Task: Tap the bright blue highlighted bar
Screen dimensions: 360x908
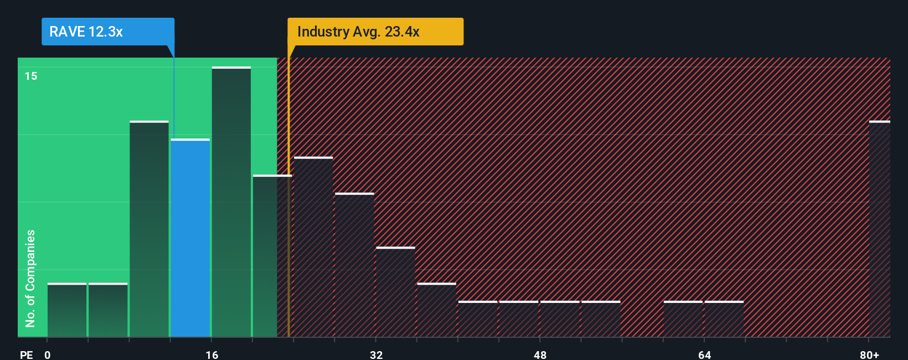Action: (x=190, y=238)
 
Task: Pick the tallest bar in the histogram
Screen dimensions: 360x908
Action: (x=231, y=202)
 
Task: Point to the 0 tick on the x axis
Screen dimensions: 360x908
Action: (x=48, y=354)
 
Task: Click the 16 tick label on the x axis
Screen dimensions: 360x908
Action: (x=212, y=354)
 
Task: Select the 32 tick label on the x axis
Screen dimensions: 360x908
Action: (x=376, y=354)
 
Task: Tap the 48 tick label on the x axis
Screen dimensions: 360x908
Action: (x=540, y=354)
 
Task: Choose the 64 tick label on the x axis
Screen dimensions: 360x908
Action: (x=704, y=354)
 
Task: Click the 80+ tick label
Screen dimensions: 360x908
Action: (x=869, y=354)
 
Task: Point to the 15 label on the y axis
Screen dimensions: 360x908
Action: (x=31, y=76)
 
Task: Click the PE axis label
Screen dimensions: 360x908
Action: (x=26, y=354)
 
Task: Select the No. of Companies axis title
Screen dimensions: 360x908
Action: (x=30, y=278)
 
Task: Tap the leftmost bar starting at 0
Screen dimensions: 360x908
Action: (x=67, y=310)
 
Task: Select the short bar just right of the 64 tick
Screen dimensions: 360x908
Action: (x=724, y=319)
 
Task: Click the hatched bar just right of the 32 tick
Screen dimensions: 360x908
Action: (x=395, y=292)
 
